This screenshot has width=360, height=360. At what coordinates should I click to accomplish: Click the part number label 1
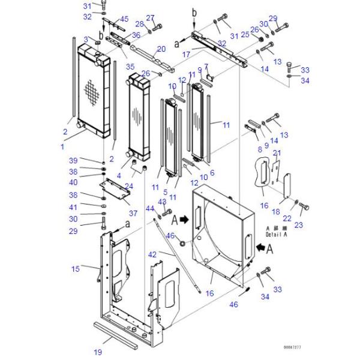pos(61,146)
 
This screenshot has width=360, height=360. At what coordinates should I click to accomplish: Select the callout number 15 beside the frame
pos(76,268)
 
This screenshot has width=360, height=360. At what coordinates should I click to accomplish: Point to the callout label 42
pos(152,255)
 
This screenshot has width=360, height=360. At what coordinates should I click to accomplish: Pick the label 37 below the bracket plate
pos(133,213)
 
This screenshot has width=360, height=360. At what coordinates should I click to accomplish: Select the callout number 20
pos(160,49)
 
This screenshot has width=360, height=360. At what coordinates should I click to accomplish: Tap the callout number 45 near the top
pos(124,19)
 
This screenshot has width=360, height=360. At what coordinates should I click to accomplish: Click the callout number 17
pos(187,54)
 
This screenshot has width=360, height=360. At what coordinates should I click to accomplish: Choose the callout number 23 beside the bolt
pos(316,224)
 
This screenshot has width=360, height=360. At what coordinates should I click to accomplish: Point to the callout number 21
pos(277,154)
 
